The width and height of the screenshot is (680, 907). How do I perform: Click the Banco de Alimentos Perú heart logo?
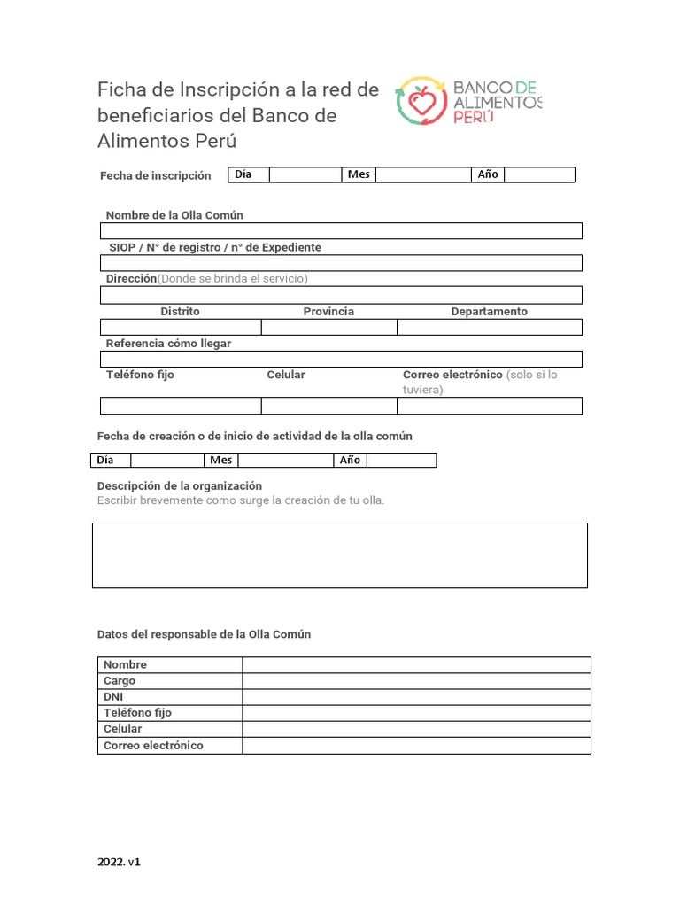click(421, 99)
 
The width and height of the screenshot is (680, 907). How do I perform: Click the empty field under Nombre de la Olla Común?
click(341, 231)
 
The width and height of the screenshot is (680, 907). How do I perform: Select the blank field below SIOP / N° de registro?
click(341, 263)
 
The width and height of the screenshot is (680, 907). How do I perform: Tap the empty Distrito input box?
click(181, 327)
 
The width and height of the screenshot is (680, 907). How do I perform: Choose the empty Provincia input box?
click(328, 327)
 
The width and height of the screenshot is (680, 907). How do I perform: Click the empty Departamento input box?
click(489, 327)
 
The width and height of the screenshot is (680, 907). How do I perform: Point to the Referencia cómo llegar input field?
click(341, 359)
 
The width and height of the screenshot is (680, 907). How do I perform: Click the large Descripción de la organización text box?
click(340, 555)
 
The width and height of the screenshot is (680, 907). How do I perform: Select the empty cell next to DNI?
click(416, 697)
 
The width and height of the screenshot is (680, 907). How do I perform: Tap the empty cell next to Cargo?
click(416, 681)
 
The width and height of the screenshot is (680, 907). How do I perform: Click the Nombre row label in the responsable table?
click(125, 664)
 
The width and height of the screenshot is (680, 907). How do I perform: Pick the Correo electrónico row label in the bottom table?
click(153, 746)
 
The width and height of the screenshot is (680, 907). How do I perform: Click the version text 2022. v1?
click(119, 862)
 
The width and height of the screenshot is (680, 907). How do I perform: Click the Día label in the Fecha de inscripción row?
click(243, 174)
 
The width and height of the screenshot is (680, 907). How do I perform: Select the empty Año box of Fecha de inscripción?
click(539, 174)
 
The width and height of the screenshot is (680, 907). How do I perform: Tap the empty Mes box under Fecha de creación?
click(285, 460)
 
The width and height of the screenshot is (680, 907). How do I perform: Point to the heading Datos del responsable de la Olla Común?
click(204, 634)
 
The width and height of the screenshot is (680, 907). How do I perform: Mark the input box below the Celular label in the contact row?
click(328, 406)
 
